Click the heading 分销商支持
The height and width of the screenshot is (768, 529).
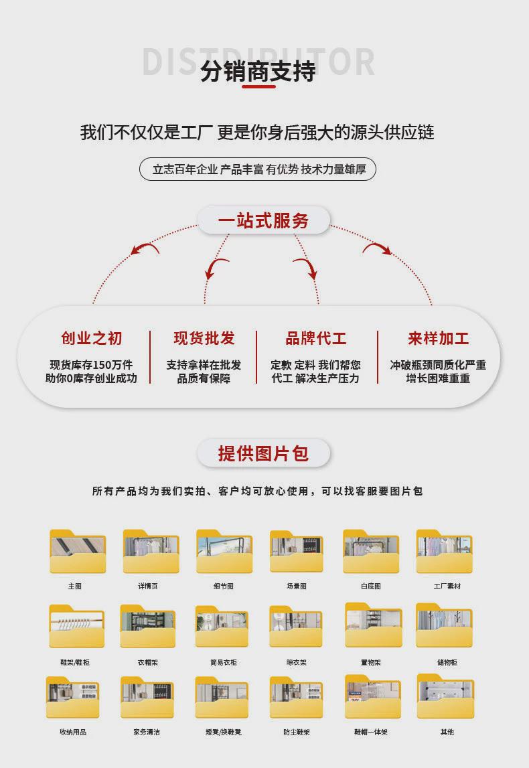[x=258, y=72]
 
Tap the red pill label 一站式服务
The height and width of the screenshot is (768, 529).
[x=263, y=220]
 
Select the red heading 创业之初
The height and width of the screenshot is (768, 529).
[x=92, y=339]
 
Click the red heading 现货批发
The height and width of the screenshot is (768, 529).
[x=204, y=339]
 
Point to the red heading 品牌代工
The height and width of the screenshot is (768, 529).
[x=316, y=339]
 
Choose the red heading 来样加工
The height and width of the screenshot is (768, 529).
[x=439, y=339]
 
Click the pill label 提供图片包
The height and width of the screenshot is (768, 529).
[x=263, y=453]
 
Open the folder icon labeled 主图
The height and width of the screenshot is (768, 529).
[x=78, y=552]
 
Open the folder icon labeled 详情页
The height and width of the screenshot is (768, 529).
[x=151, y=552]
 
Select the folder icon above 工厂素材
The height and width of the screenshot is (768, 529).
[x=444, y=552]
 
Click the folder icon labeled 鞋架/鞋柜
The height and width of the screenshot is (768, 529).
[x=76, y=626]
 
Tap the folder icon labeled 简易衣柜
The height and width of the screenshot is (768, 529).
[x=222, y=627]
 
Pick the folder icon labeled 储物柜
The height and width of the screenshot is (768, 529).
[x=444, y=626]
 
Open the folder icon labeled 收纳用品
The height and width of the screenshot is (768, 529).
[x=73, y=698]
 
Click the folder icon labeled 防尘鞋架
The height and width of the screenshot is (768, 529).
[x=296, y=698]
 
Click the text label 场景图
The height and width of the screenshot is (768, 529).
[x=297, y=586]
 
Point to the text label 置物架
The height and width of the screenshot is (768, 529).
[x=371, y=662]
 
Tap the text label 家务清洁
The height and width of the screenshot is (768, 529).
[x=147, y=732]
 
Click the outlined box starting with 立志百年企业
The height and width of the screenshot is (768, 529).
[x=258, y=169]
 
